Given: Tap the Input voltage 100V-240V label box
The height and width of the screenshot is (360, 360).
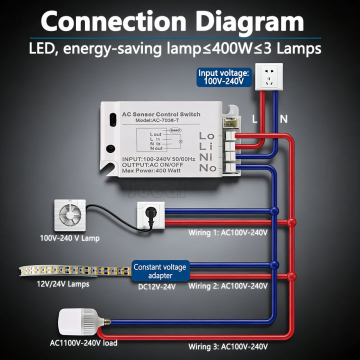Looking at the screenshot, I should point(223,77).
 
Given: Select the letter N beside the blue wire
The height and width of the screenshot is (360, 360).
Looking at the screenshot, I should point(283,119).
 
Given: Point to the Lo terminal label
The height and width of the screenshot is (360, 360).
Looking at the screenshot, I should point(206,135).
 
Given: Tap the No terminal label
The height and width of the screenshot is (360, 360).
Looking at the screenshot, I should point(207,168).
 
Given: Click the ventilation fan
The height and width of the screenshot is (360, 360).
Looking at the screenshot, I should point(68,215).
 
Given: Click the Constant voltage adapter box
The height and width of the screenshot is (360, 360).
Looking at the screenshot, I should point(159,271).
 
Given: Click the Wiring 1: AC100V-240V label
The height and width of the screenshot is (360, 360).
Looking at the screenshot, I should point(228,233).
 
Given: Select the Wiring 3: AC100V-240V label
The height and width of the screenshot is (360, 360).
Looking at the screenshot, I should point(228,346).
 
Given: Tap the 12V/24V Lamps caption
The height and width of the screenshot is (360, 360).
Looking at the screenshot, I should point(63,284).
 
